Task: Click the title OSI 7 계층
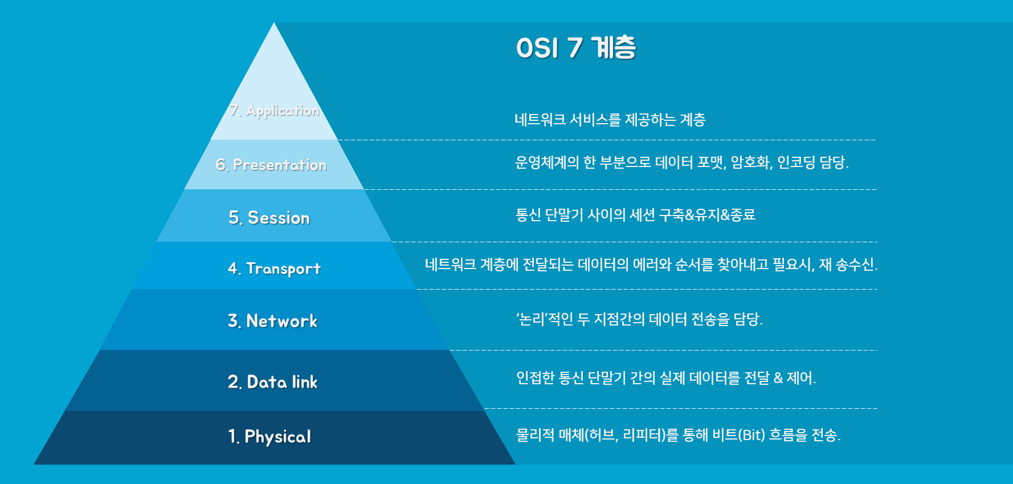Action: click(x=575, y=48)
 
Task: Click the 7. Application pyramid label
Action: click(x=274, y=111)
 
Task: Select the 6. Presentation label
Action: click(x=271, y=165)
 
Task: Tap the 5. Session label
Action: click(x=269, y=218)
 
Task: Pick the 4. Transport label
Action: click(x=274, y=269)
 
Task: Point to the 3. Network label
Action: click(x=272, y=321)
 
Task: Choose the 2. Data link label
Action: click(x=272, y=382)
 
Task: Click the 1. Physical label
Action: click(x=269, y=437)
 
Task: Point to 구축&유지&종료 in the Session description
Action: click(x=706, y=215)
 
